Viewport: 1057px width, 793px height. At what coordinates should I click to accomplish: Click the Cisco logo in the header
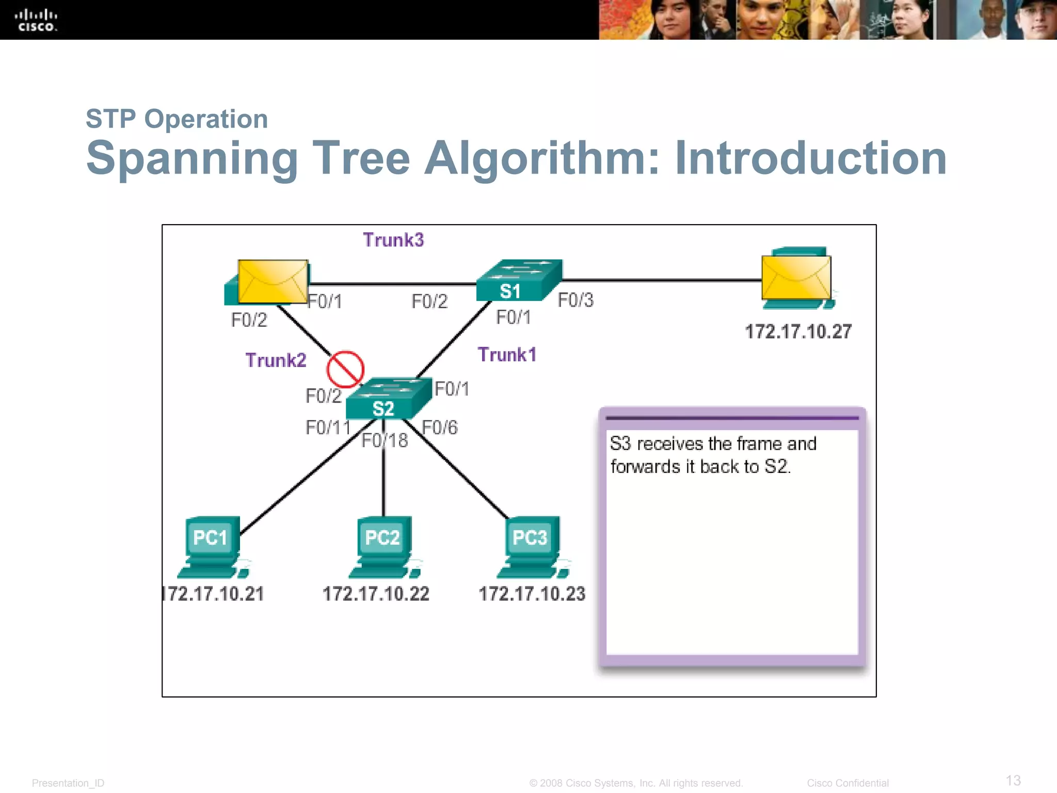(36, 20)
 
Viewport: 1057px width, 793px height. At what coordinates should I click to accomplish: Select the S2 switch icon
(388, 399)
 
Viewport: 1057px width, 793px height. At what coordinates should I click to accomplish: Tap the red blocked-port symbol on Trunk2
(345, 369)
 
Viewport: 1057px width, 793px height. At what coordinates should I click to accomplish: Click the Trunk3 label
(393, 240)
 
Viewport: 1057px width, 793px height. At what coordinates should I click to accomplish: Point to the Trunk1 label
(507, 355)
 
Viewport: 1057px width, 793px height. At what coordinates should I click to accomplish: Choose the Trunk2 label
(276, 360)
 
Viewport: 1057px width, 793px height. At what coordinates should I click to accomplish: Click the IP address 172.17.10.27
(798, 332)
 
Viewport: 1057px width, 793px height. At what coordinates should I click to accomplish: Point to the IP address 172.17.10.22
(376, 594)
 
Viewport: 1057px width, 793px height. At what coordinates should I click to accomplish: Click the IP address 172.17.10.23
(532, 594)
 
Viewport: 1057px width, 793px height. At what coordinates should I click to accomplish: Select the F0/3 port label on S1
(575, 300)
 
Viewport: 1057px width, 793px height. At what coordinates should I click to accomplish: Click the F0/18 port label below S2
(385, 441)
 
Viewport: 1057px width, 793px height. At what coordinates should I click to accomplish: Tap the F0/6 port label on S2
(440, 428)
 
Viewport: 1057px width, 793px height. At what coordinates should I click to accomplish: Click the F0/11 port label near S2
(328, 428)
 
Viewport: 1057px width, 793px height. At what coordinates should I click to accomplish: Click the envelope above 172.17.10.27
(796, 277)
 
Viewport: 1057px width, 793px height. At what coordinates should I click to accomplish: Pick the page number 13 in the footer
(1013, 780)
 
